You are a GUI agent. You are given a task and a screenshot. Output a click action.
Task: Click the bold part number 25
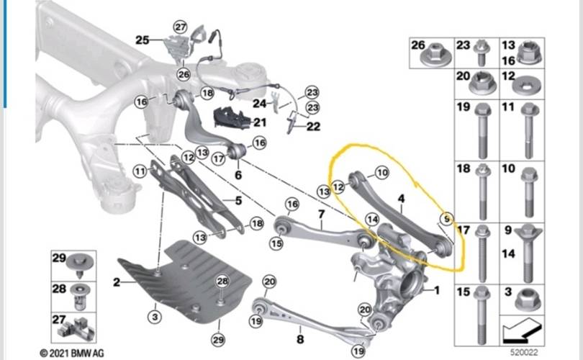(142, 40)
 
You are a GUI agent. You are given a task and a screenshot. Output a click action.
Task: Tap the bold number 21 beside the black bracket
(260, 122)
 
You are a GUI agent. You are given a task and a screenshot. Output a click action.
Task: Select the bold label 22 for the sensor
(313, 127)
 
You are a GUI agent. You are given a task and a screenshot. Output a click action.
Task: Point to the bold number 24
(260, 104)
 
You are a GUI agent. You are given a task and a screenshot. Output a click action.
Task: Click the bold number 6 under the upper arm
(238, 174)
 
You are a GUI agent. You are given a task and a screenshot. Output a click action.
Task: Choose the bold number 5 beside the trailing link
(238, 201)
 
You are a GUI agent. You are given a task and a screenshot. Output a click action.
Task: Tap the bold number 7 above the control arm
(321, 215)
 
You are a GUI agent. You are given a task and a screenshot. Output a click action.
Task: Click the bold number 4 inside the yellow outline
(401, 199)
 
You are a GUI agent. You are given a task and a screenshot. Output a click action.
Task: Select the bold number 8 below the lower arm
(300, 339)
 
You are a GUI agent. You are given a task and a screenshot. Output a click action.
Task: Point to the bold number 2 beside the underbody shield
(117, 282)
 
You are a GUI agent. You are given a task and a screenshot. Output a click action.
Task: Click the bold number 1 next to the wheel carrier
(436, 290)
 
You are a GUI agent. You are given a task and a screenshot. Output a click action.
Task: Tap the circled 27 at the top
(181, 27)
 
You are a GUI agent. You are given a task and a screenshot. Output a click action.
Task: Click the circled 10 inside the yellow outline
(382, 173)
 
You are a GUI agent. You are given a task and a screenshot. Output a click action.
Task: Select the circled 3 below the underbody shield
(155, 317)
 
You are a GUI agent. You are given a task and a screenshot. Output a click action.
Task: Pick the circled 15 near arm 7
(276, 243)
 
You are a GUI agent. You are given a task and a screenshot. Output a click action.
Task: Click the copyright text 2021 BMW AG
(72, 353)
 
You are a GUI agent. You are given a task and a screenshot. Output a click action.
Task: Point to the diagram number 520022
(524, 352)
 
